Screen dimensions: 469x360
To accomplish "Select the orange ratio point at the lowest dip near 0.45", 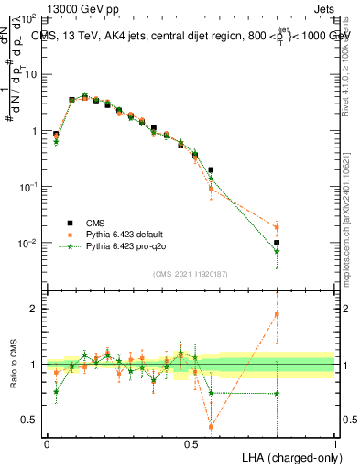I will click(212, 426).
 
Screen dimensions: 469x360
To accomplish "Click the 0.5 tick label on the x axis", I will click(191, 443).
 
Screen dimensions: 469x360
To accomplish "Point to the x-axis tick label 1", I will click(335, 443).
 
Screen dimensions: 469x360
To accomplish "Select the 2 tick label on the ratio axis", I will click(35, 309).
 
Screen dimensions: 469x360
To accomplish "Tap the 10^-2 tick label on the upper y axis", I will click(27, 244).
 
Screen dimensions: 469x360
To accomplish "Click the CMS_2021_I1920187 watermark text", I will click(191, 273).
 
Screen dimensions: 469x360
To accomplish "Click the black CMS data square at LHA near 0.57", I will click(212, 169).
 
